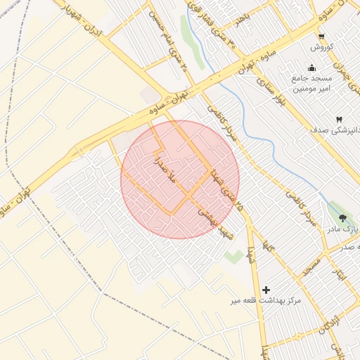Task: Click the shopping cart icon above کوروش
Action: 321,37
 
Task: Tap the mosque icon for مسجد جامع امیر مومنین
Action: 312,67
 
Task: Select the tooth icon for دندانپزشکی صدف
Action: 340,120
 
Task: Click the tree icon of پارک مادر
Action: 342,218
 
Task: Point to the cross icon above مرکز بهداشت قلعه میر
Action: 266,290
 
